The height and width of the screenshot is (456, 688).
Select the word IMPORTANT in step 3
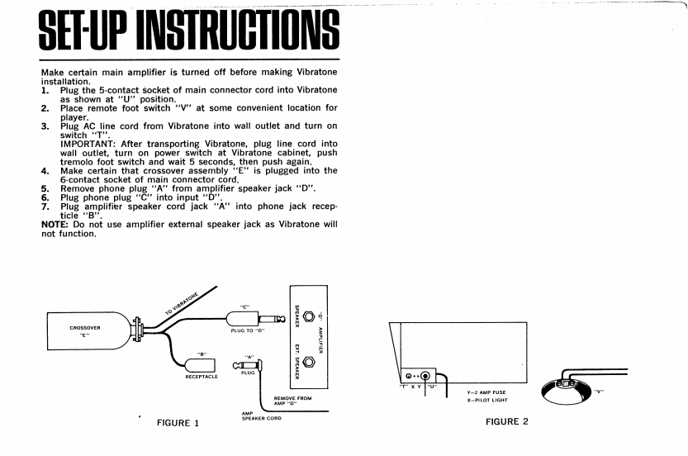pyautogui.click(x=88, y=143)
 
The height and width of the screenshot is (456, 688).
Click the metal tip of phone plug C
pyautogui.click(x=277, y=319)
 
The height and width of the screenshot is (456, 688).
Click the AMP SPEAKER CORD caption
pyautogui.click(x=261, y=417)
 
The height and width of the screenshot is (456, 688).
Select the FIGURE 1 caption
pyautogui.click(x=178, y=423)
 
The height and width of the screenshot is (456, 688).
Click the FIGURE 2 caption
pyautogui.click(x=507, y=421)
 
